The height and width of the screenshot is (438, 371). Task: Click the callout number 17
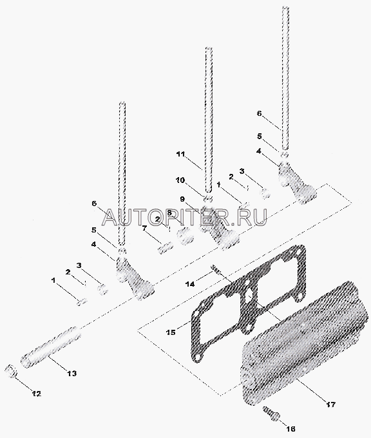[x=330, y=405]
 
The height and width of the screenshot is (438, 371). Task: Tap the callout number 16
[x=290, y=428]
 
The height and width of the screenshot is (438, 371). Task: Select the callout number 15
[x=171, y=332]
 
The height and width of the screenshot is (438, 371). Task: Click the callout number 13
[x=71, y=373]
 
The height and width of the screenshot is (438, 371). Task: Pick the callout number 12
[x=36, y=394]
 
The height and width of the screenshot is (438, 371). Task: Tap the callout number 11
[x=181, y=154]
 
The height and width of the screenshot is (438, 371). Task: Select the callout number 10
[x=180, y=180]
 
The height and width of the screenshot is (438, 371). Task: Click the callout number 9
[x=182, y=199]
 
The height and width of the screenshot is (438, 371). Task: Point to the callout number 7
[x=144, y=228]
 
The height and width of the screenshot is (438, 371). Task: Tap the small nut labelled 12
[x=12, y=371]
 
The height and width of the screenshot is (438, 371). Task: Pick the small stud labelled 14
[x=216, y=270]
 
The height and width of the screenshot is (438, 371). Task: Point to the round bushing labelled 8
[x=185, y=236]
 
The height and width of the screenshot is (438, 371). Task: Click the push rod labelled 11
[x=209, y=120]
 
